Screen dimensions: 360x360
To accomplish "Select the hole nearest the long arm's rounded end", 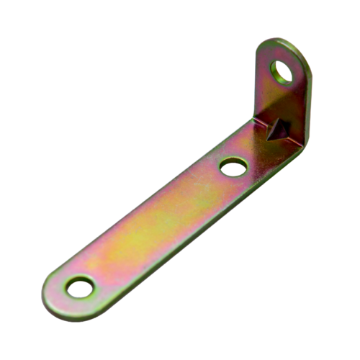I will tap(79, 287).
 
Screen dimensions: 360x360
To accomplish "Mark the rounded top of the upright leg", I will tap(288, 41).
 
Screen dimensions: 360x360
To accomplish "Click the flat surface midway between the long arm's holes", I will tap(155, 227).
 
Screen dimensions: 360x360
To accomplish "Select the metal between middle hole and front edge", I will tap(241, 180).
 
